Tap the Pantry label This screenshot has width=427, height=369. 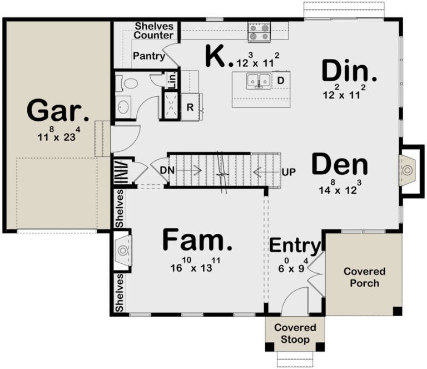click(x=148, y=56)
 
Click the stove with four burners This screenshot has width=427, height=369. click(x=259, y=32)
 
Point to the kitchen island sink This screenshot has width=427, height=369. click(x=259, y=82)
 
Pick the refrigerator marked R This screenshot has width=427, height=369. click(x=190, y=107)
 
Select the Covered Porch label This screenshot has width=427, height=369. click(x=364, y=277)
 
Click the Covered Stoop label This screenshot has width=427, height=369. click(x=295, y=333)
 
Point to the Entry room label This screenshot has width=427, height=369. click(x=295, y=245)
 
